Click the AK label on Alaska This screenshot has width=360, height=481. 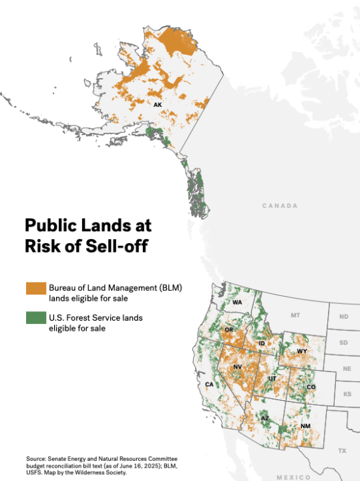pos(158,105)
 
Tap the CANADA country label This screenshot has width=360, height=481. pos(280,206)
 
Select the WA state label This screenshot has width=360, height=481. pos(237,303)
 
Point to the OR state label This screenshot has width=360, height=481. pos(228,330)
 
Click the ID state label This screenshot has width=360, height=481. pos(262,343)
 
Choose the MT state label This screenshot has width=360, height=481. pos(296,315)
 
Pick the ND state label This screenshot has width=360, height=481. pos(344,317)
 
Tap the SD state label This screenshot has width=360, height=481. pos(344,343)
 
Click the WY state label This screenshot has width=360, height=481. pos(302,351)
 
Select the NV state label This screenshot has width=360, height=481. pos(237,367)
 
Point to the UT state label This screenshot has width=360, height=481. pos(271,379)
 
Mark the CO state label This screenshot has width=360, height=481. pos(311,387)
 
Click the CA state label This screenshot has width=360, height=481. pos(209,385)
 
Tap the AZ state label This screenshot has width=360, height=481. pos(265,419)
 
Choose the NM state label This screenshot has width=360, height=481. pos(305,426)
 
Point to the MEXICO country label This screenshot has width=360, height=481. pos(294,477)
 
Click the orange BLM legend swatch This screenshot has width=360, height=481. pos(35,288)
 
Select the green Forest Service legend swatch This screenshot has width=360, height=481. pos(35,318)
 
